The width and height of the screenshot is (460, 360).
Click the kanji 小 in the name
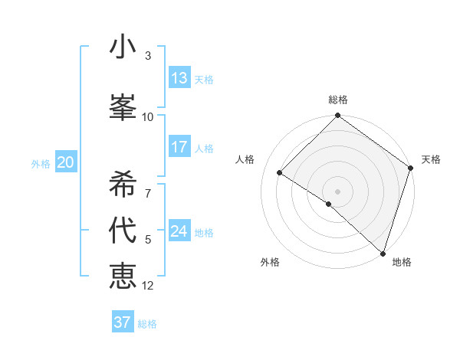[x=123, y=47]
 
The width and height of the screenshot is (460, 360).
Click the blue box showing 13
[x=179, y=78]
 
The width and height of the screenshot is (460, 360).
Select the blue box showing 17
[x=179, y=147]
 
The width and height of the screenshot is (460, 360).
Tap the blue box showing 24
[x=179, y=231]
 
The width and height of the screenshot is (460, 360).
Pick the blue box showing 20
[x=66, y=162]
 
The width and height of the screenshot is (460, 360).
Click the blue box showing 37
[x=123, y=322]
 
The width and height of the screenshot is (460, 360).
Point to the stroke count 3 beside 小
[x=148, y=56]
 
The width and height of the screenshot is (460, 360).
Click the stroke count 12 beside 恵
[x=148, y=286]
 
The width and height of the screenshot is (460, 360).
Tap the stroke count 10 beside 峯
[x=148, y=116]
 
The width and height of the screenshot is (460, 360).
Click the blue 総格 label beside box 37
[x=147, y=324]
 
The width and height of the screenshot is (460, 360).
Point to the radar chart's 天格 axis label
[x=431, y=159]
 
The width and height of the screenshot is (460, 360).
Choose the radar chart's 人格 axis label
[x=245, y=159]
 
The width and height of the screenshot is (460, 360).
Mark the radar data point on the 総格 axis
[x=337, y=116]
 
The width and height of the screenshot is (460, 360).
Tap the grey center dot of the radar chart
[x=337, y=191]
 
